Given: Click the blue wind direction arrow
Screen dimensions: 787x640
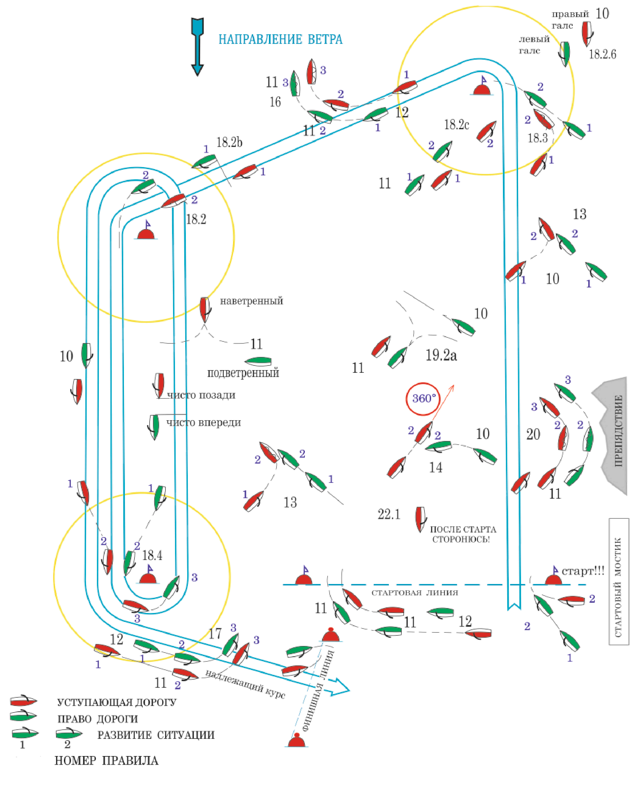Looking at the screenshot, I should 198,46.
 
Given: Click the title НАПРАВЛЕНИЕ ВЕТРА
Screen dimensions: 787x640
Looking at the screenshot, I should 280,40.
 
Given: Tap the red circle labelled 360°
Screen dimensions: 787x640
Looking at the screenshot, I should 423,399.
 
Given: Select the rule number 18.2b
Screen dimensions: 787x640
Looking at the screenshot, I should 229,142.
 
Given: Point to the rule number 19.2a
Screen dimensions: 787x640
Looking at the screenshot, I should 441,355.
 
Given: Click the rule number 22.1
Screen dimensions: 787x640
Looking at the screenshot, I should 389,514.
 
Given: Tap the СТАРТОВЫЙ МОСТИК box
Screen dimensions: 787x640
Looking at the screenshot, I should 619,581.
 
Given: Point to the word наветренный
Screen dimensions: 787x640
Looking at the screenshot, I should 251,301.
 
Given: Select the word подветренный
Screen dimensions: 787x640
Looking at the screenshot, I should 243,373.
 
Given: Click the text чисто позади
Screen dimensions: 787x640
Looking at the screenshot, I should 201,395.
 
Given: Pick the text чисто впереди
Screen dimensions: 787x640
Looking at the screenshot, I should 204,423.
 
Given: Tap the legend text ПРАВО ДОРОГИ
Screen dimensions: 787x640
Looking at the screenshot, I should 97,719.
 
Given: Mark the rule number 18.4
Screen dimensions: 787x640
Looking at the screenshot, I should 152,555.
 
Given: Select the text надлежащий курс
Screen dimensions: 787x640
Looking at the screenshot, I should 245,684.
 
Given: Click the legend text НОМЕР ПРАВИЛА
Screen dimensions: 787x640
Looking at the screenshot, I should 106,760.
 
